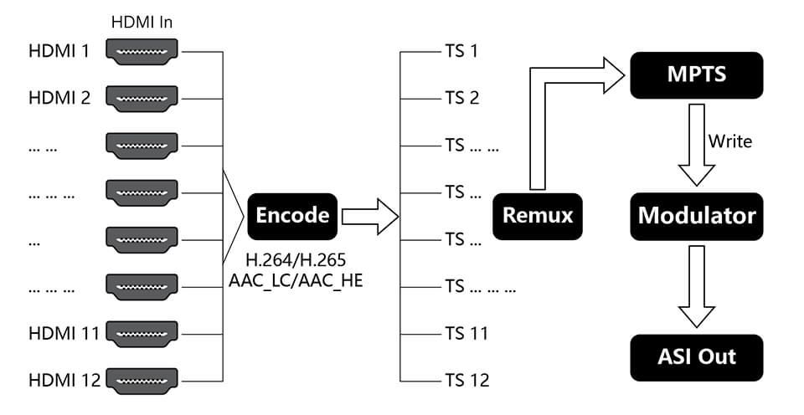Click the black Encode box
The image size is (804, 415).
click(292, 216)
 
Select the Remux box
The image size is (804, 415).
click(538, 216)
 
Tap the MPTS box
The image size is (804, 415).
click(696, 74)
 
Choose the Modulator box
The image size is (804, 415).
click(696, 216)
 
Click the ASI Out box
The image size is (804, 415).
click(696, 357)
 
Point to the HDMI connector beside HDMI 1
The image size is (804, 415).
click(142, 52)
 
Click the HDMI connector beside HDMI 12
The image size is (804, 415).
click(142, 381)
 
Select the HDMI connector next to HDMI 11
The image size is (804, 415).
click(142, 334)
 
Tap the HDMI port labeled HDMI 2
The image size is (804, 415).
click(142, 99)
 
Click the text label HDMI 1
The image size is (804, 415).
click(59, 52)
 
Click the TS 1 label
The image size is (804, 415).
click(461, 52)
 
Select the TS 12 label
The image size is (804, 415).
click(466, 381)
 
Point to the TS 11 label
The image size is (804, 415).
click(466, 334)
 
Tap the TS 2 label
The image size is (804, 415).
click(461, 99)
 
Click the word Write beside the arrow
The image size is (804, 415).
click(729, 141)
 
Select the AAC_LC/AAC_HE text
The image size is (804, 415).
click(295, 281)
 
